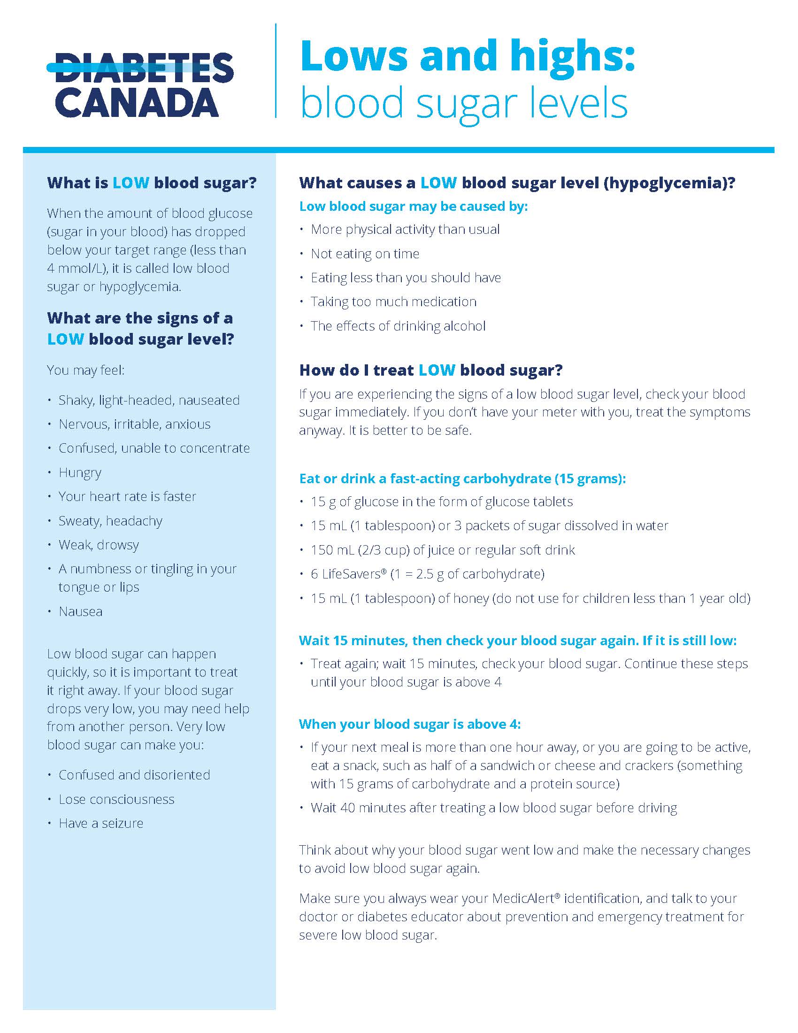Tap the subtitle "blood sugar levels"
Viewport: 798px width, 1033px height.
(x=464, y=103)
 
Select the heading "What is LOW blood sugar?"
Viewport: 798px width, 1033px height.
(x=152, y=183)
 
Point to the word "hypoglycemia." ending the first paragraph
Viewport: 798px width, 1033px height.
(x=140, y=286)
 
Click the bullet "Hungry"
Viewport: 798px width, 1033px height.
(x=80, y=472)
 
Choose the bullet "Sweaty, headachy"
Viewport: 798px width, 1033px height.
(x=110, y=521)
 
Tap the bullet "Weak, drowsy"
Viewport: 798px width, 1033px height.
(x=98, y=545)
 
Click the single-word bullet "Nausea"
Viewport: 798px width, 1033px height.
(x=80, y=611)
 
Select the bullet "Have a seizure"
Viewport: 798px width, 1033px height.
(x=101, y=824)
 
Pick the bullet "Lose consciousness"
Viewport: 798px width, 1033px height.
(x=116, y=799)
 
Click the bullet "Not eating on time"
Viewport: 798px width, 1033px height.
(x=364, y=254)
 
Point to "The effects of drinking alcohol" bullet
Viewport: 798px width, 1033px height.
(x=398, y=326)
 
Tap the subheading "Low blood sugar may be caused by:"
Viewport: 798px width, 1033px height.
(x=413, y=206)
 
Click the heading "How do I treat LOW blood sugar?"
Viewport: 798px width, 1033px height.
(x=430, y=370)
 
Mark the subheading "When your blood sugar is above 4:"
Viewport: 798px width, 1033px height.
(x=409, y=724)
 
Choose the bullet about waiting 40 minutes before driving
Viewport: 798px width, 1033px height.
(x=493, y=808)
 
